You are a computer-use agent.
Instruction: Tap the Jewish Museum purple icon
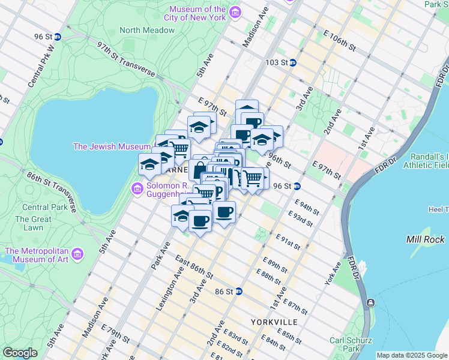point(158,146)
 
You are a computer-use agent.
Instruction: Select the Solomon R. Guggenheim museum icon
point(137,190)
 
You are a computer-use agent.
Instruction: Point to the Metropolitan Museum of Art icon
point(77,255)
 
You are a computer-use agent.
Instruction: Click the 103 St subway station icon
point(293,62)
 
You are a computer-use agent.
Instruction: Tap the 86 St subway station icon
point(239,292)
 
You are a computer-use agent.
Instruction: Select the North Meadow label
point(138,30)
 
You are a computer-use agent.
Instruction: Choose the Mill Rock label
point(426,239)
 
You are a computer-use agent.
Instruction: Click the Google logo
point(20,353)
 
